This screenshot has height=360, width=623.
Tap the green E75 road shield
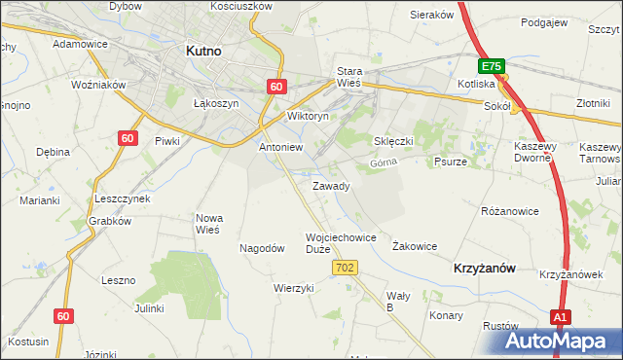pyautogui.click(x=492, y=66)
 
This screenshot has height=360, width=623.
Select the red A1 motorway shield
pyautogui.click(x=560, y=317)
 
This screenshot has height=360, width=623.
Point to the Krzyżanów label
pyautogui.click(x=484, y=267)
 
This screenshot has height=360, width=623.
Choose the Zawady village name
pyautogui.click(x=331, y=186)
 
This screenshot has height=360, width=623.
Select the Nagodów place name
pyautogui.click(x=262, y=248)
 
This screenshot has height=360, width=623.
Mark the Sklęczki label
pyautogui.click(x=394, y=141)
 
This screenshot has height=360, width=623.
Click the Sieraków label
pyautogui.click(x=432, y=16)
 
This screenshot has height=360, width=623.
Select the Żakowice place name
pyautogui.click(x=414, y=247)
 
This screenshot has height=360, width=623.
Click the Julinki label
pyautogui.click(x=149, y=307)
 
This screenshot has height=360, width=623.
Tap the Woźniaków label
pyautogui.click(x=99, y=85)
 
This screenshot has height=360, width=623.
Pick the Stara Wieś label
pyautogui.click(x=348, y=77)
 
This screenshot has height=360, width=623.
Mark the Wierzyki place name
pyautogui.click(x=294, y=288)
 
